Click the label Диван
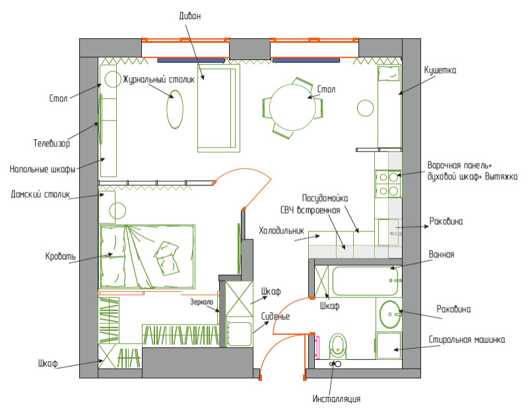(x=190, y=16)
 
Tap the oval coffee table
(x=175, y=109)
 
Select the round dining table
(x=292, y=107)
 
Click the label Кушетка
(x=440, y=71)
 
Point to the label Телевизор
(x=51, y=143)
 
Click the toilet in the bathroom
(x=338, y=346)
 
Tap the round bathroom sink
(x=390, y=314)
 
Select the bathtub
(x=365, y=281)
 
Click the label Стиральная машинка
(x=467, y=340)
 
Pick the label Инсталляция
(x=337, y=399)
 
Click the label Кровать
(x=61, y=256)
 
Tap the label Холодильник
(x=281, y=231)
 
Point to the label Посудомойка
(x=325, y=198)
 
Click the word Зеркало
(x=201, y=302)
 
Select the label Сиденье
(x=275, y=316)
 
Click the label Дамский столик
(x=40, y=194)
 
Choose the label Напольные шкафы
(x=42, y=169)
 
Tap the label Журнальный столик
(x=158, y=80)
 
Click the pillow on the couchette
(x=389, y=73)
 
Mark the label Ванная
(x=441, y=254)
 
